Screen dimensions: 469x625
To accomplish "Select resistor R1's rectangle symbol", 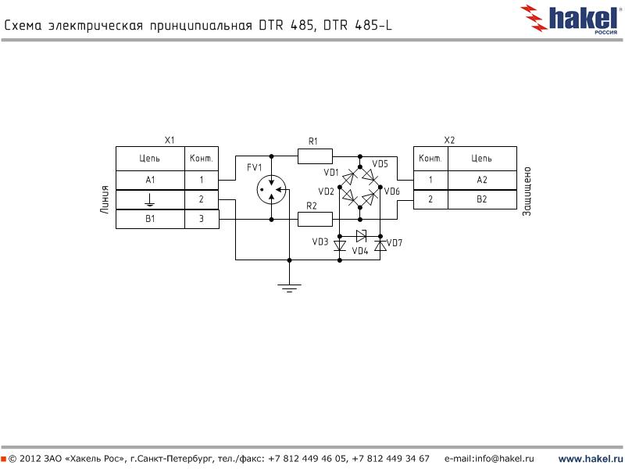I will pos(315,156).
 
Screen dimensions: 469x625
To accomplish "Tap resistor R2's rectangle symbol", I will pos(315,220).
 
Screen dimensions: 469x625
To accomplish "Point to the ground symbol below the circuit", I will pos(289,288).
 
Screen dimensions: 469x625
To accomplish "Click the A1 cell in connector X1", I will pos(150,180).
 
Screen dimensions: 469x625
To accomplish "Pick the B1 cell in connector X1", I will pos(150,220).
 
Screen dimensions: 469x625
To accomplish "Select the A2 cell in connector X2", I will pos(481,180).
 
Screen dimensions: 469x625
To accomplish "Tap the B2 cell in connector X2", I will pos(481,200).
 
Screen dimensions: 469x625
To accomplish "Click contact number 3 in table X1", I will pos(201,220).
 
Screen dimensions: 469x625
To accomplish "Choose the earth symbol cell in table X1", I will pos(150,200).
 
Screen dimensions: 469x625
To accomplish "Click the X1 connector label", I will pos(169,140).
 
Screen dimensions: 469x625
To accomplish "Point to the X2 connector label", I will pos(449,140).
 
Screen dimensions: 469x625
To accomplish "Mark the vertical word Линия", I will pos(104,199).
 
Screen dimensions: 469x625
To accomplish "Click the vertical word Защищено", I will pos(527,190).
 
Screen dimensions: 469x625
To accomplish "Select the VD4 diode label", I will pos(359,252).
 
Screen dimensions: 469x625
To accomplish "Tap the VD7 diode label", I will pos(395,242).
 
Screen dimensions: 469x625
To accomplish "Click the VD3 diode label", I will pos(320,242).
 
